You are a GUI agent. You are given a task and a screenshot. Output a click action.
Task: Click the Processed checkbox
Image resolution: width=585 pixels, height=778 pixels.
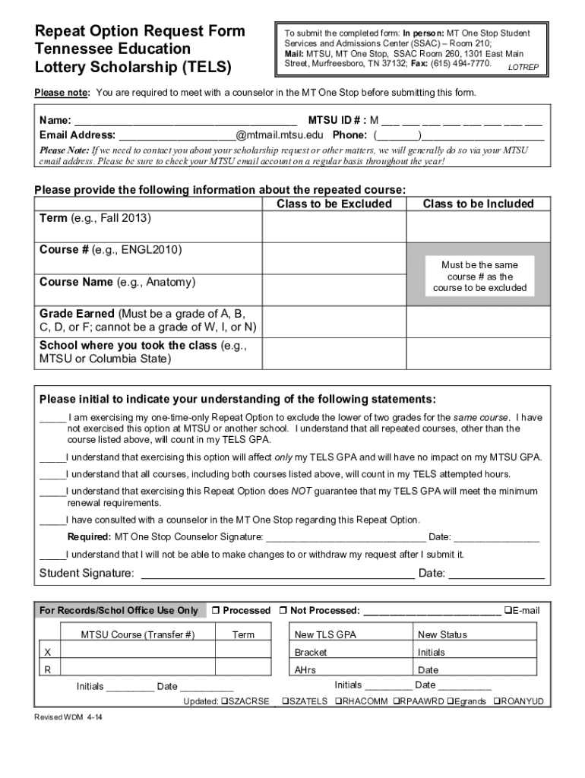pos(216,611)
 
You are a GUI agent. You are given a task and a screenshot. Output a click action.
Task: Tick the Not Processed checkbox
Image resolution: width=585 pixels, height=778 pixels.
pos(283,611)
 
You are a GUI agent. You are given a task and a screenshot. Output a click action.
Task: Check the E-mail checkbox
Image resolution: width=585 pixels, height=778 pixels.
pos(508,611)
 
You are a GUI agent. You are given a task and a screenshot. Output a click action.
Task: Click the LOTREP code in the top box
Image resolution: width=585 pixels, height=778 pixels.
pos(523,68)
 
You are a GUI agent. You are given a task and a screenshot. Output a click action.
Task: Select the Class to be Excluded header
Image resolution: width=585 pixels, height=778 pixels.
pos(334,204)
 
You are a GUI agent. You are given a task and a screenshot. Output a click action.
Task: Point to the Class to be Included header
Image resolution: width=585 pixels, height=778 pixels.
pos(479,204)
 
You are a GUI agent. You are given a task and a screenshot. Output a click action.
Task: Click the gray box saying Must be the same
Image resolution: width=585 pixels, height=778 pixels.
pos(479,277)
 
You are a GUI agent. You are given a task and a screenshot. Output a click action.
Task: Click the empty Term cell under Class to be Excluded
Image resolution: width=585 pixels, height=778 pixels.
pos(334,227)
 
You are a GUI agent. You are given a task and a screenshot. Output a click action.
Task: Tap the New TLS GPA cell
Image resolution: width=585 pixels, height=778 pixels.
pos(325,634)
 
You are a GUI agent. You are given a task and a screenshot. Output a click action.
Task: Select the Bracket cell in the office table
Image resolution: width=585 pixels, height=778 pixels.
pos(311,652)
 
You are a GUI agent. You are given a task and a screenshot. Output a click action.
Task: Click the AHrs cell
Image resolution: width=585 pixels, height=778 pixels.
pos(305,670)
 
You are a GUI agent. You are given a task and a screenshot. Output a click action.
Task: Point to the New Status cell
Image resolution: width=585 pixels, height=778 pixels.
pos(442,634)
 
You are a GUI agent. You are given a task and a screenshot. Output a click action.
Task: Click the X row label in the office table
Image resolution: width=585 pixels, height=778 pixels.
pos(48,652)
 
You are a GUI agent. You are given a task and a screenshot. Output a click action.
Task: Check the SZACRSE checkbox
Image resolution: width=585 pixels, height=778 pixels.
pos(223,701)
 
